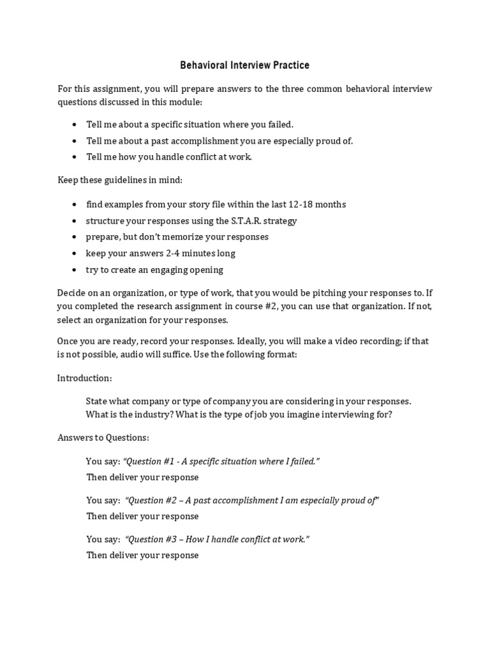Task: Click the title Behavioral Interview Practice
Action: coord(244,65)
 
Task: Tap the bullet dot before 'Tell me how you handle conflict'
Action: coord(75,157)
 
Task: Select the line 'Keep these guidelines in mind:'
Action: coord(120,180)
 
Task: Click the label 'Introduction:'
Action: coord(85,378)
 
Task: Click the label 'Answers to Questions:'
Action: coord(103,437)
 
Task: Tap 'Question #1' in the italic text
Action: coord(149,461)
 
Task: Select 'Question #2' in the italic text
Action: coord(152,500)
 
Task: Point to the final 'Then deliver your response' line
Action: coord(142,555)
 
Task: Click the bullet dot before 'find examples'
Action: coord(75,204)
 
